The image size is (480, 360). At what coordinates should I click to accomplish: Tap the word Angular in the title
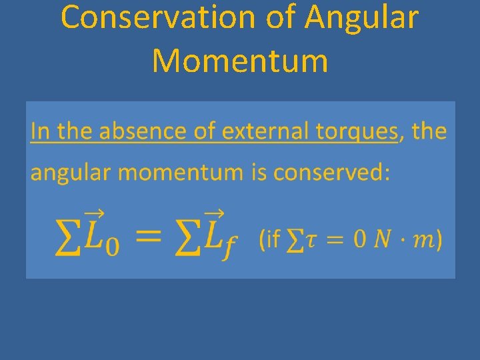pos(362,18)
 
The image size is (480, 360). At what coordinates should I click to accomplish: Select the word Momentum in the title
pos(240,61)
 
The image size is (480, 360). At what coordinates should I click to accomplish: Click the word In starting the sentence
pos(41,131)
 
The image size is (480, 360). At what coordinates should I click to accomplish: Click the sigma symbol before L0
pos(67,239)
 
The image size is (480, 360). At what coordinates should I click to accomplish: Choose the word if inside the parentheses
pos(271,239)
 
